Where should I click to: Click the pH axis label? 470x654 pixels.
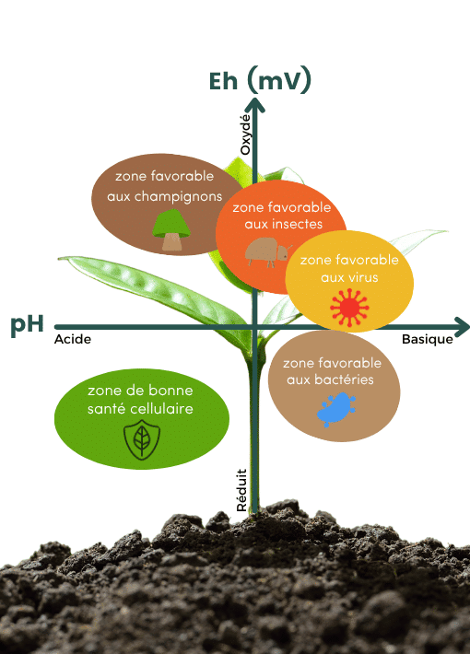28,326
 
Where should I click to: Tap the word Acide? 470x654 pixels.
73,340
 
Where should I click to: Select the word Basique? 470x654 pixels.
427,339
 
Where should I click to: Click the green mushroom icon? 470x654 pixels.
171,230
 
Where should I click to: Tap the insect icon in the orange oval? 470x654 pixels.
266,251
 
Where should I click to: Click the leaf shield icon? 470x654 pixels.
141,440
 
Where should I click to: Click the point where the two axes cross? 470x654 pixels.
257,326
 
